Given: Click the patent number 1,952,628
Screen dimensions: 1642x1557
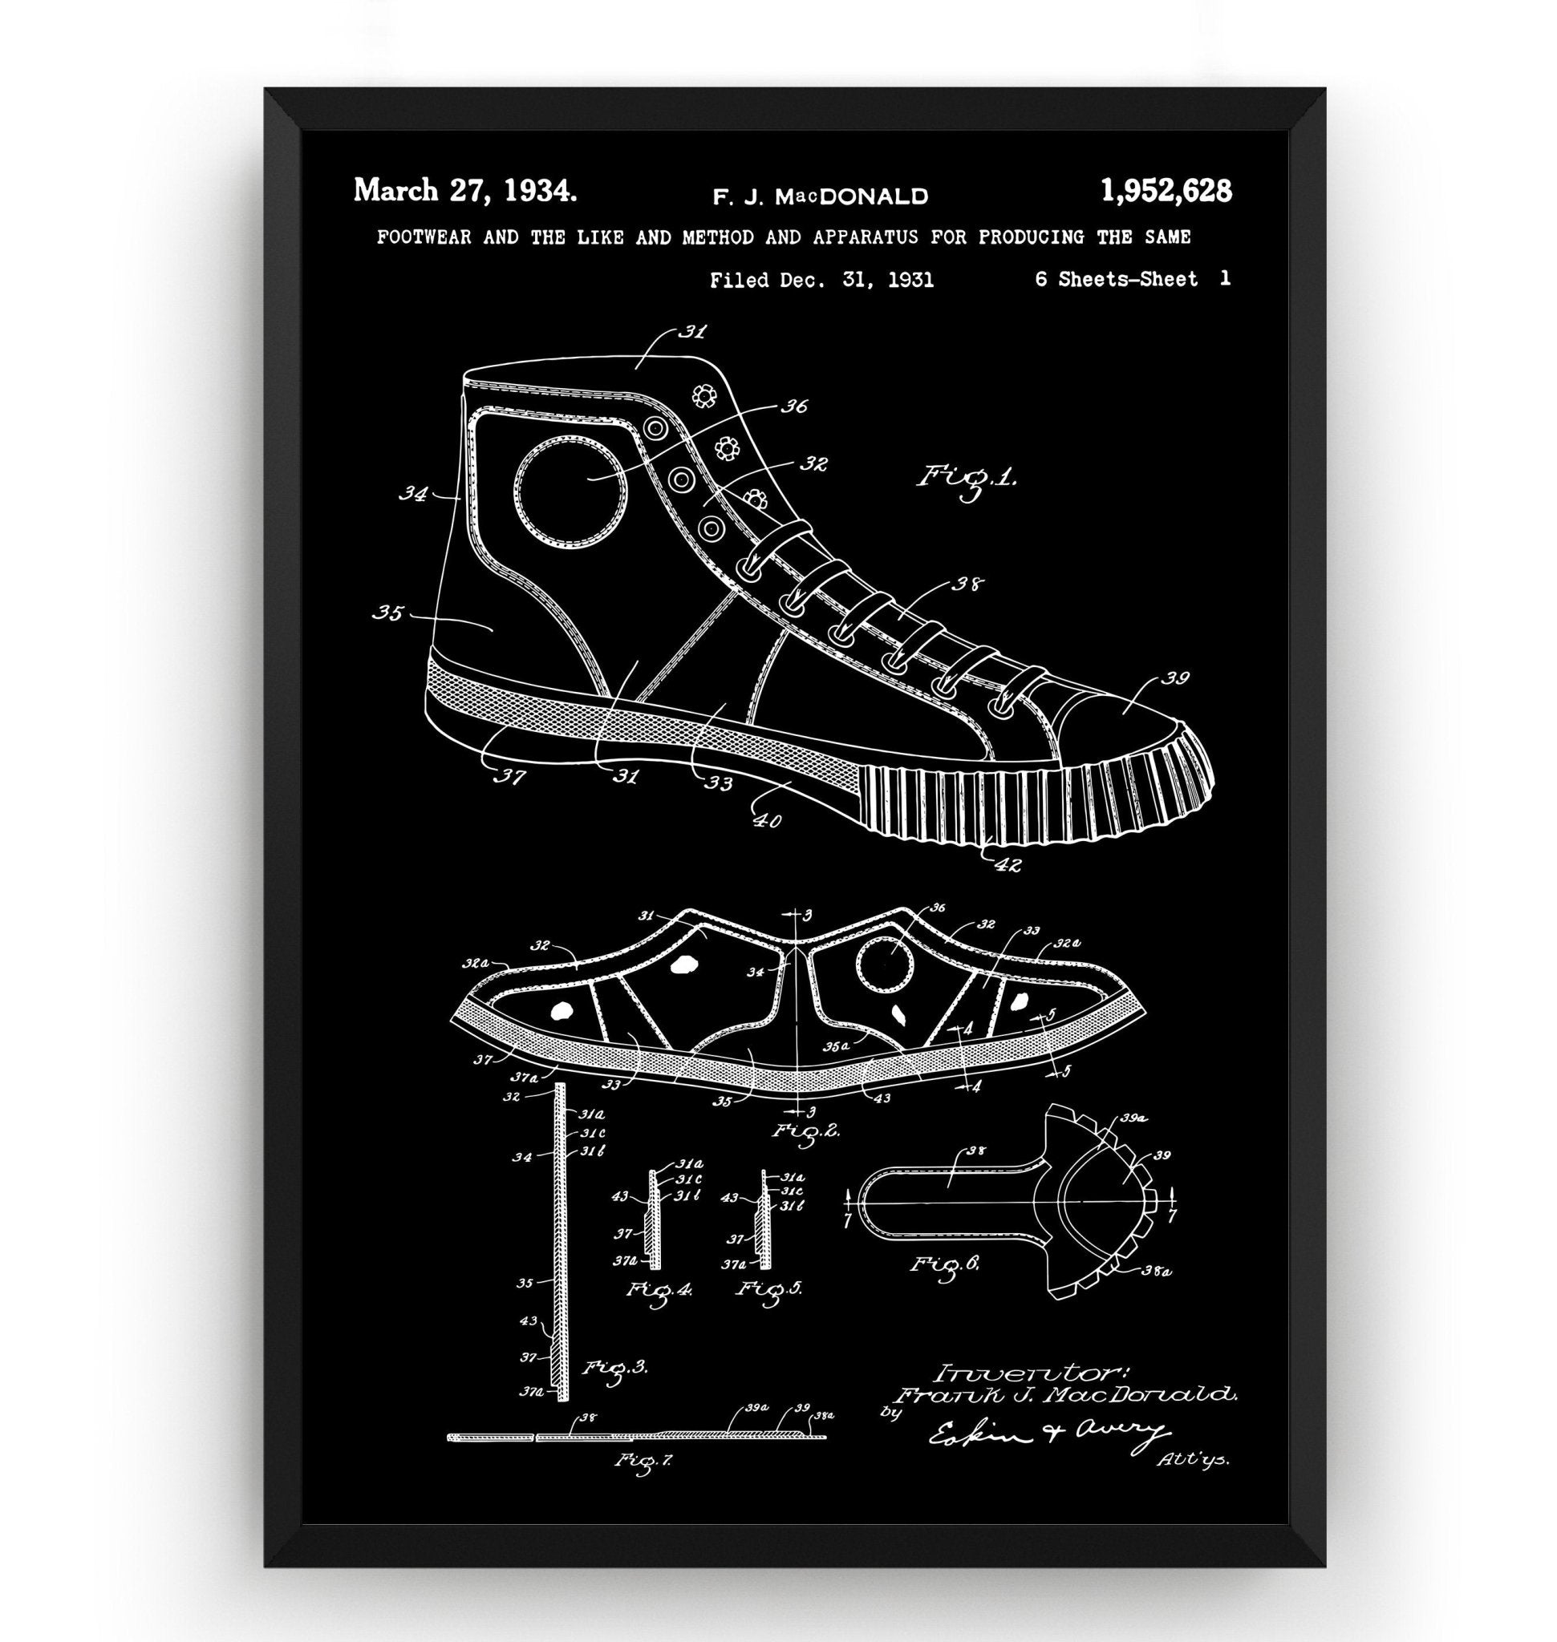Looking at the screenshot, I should [x=1166, y=192].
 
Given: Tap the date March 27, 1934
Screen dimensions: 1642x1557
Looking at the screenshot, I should [x=464, y=191].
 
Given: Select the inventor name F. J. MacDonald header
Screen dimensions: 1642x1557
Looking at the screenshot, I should [x=820, y=196].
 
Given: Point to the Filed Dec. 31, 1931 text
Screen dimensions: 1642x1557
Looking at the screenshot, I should [x=821, y=281].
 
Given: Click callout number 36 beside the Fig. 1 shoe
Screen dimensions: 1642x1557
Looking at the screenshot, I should [x=793, y=406].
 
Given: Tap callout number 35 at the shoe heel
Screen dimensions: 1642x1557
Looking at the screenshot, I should [x=387, y=613].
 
